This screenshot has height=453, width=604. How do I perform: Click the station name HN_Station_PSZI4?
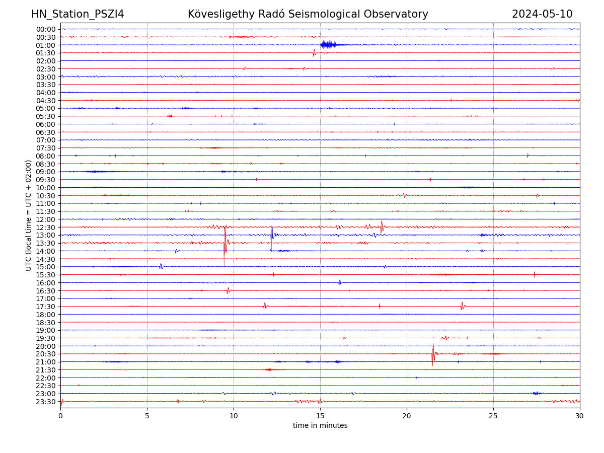(78, 14)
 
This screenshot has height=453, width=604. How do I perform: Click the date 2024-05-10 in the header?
(542, 14)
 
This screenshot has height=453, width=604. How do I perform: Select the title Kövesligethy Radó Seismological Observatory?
(308, 14)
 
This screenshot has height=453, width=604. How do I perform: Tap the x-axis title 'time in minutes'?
(320, 425)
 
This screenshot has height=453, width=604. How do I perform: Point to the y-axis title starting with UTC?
(29, 215)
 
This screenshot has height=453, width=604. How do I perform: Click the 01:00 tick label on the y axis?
(46, 45)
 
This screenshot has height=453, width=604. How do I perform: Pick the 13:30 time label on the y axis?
(46, 243)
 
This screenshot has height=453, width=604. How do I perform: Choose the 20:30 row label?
(46, 354)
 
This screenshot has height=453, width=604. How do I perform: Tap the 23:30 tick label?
(46, 402)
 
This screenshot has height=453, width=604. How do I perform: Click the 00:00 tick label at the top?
(46, 29)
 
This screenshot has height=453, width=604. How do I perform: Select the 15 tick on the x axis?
(320, 416)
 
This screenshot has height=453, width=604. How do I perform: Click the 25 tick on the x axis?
(493, 416)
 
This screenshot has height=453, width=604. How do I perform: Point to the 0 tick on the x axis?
(60, 416)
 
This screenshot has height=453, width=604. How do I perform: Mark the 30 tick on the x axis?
(580, 416)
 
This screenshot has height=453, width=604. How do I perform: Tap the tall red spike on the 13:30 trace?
(225, 245)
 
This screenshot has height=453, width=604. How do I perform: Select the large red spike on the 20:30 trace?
(433, 354)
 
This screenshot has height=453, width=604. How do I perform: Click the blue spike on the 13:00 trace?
(272, 234)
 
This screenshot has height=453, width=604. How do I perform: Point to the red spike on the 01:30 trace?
(314, 52)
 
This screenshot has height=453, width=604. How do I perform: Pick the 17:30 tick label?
(46, 307)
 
